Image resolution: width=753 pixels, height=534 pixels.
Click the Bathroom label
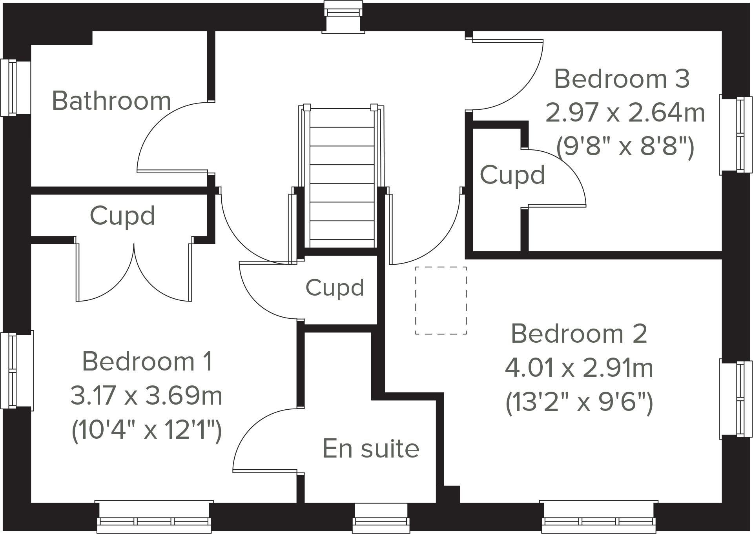(x=111, y=101)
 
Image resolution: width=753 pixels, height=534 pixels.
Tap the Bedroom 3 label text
(x=622, y=79)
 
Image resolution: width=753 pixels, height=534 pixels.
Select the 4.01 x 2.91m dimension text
(x=579, y=368)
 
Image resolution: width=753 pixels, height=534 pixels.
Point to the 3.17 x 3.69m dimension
(x=146, y=396)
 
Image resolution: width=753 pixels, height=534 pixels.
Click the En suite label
(x=371, y=449)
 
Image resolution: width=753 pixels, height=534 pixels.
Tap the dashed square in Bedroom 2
(x=441, y=300)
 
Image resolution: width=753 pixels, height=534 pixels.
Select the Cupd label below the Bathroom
(x=122, y=216)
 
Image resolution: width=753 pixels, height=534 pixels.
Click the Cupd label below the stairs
(x=335, y=287)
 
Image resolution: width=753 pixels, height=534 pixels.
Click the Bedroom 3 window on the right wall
(x=736, y=134)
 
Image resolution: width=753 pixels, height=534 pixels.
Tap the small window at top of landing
(x=343, y=16)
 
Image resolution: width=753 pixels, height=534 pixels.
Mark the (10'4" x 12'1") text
(x=146, y=430)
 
